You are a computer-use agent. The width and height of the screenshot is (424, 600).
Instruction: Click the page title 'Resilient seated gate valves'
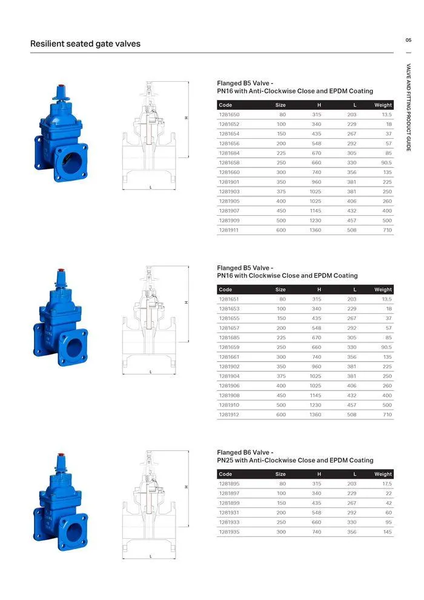(x=85, y=44)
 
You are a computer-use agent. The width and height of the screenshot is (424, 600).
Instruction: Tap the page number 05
(x=408, y=40)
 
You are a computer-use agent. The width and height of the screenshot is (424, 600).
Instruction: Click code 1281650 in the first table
(x=229, y=115)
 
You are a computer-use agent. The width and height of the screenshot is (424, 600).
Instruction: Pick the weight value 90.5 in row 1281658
(x=386, y=163)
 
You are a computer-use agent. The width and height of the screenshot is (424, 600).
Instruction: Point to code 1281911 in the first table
(x=229, y=230)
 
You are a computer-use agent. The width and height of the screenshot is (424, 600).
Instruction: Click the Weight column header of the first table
(x=383, y=105)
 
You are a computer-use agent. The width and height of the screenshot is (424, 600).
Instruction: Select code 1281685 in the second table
(x=229, y=338)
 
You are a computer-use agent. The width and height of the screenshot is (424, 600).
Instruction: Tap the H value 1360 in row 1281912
(x=316, y=415)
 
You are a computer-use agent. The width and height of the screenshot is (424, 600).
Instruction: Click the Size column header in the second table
(x=280, y=290)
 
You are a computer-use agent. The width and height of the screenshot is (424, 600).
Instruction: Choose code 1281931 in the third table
(x=229, y=513)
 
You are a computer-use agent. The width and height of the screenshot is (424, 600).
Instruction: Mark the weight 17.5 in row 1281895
(x=386, y=484)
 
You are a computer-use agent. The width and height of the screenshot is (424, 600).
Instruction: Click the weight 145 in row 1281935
(x=388, y=532)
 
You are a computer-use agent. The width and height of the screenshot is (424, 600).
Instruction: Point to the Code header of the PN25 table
(x=225, y=474)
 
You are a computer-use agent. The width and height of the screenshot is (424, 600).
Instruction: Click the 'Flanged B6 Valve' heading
(x=245, y=452)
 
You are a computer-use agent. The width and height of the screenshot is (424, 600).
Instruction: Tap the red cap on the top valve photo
(x=61, y=87)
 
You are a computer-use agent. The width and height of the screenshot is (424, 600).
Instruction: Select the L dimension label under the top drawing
(x=150, y=187)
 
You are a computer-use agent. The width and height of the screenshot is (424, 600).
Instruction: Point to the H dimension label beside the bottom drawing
(x=186, y=487)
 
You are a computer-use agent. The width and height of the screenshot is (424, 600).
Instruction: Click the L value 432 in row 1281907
(x=351, y=211)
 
